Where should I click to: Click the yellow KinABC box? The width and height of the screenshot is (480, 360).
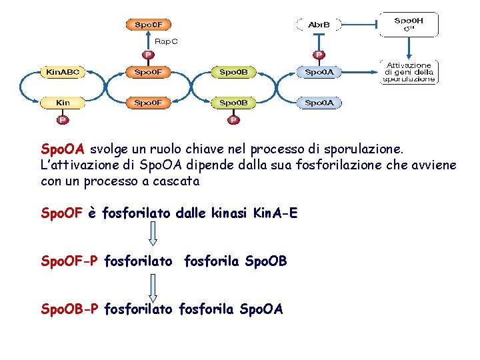click(62, 71)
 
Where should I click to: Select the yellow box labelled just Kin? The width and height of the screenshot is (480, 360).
click(62, 103)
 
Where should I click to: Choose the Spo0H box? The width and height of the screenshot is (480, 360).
click(408, 24)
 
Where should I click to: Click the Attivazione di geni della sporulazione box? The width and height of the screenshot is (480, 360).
click(408, 72)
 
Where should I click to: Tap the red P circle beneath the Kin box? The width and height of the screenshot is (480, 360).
click(62, 120)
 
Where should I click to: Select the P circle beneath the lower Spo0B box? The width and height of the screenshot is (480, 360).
click(233, 120)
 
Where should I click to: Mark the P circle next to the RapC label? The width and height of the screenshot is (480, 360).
click(148, 55)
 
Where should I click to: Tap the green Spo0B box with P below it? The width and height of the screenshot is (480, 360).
click(233, 103)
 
